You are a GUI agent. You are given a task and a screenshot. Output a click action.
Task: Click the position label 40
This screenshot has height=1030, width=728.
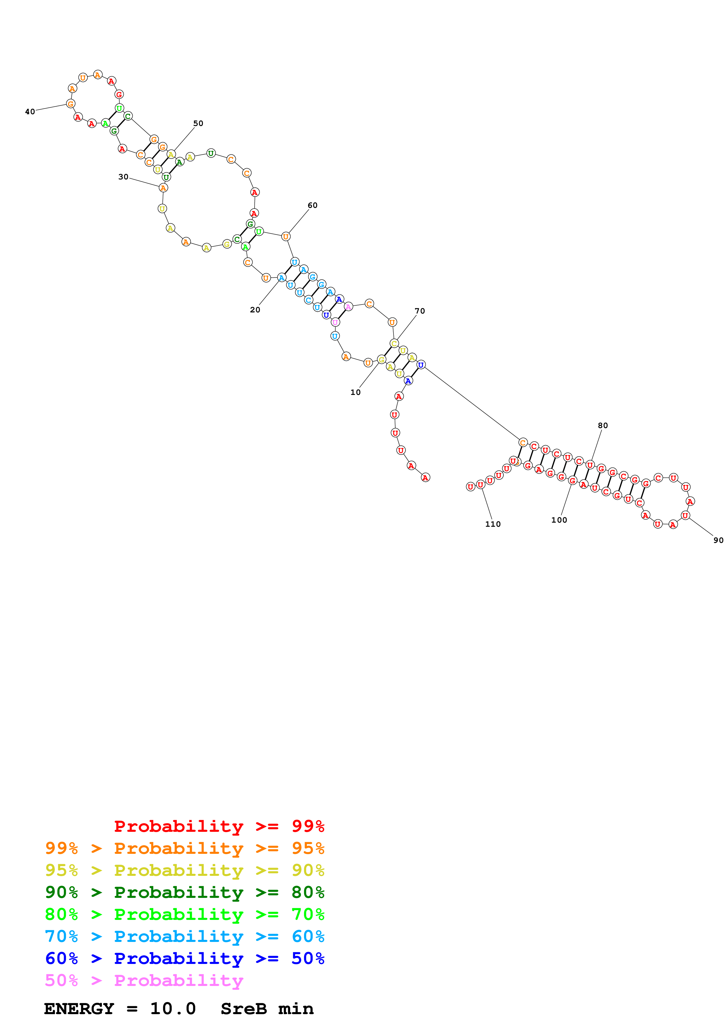click(x=30, y=112)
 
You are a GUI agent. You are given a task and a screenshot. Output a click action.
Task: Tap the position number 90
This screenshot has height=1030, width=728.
click(x=718, y=540)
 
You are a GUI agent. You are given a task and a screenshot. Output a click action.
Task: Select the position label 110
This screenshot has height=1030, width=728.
click(x=492, y=524)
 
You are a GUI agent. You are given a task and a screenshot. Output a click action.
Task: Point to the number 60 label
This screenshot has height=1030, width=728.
click(x=312, y=206)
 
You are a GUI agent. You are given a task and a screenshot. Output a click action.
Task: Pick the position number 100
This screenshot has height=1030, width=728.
click(x=559, y=520)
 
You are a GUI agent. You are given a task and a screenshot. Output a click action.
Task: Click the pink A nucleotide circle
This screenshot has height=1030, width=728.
click(x=348, y=307)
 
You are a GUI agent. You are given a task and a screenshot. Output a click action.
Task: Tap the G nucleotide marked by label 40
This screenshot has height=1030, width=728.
click(x=70, y=104)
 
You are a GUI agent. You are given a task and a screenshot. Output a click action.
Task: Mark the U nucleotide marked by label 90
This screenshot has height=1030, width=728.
click(x=685, y=516)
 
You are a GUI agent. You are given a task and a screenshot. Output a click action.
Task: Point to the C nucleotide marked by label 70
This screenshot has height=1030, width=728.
click(x=394, y=344)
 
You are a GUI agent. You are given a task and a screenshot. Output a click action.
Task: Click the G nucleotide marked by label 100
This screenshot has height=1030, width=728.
click(x=572, y=480)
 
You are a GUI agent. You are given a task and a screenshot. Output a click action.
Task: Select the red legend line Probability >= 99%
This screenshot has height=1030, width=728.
click(x=219, y=826)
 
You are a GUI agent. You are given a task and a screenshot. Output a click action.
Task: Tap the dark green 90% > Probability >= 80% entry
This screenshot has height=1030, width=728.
click(x=184, y=892)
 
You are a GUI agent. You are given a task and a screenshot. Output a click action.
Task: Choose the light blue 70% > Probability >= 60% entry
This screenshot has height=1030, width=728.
click(x=184, y=936)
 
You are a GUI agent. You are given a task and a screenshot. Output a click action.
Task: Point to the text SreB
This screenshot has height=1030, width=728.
click(x=243, y=1009)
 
